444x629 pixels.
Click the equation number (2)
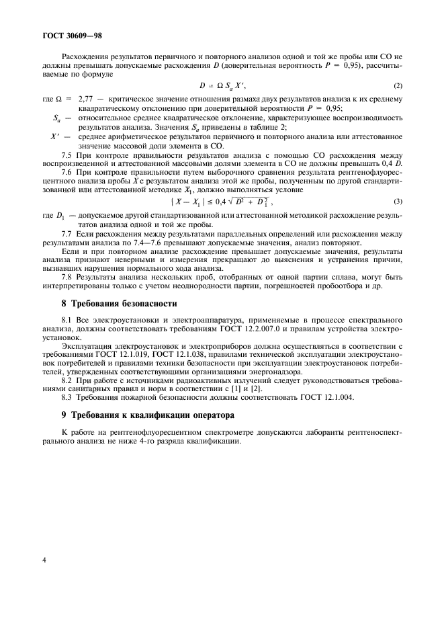coord(398,85)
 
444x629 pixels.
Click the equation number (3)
coord(398,201)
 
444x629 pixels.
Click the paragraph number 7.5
coord(67,155)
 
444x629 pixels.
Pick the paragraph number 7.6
coord(67,173)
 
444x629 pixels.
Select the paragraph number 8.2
coord(67,381)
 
